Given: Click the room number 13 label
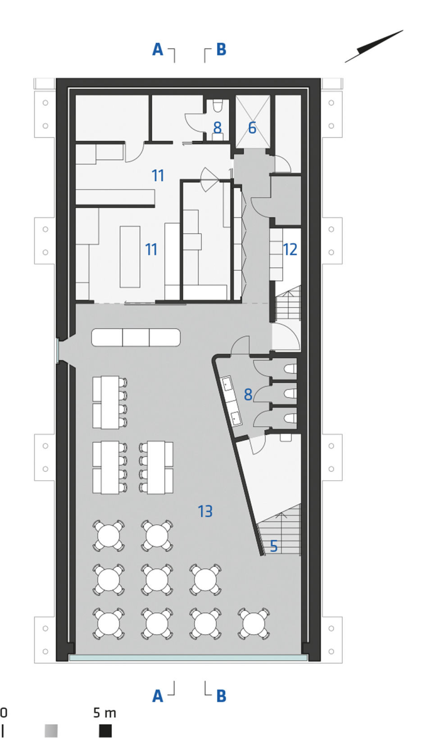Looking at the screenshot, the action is [x=205, y=511].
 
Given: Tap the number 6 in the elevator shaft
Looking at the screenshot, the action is [x=252, y=128].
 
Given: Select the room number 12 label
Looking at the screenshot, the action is [x=290, y=250].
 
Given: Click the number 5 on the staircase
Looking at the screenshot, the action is [x=273, y=546].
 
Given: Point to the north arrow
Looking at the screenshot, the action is [x=374, y=46].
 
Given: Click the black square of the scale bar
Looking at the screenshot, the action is [x=105, y=730].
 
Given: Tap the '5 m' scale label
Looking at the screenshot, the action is [x=104, y=713].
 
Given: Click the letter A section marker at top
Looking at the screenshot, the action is [x=158, y=50].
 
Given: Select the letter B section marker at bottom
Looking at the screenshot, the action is [x=221, y=696].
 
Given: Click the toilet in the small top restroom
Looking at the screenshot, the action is [x=218, y=105].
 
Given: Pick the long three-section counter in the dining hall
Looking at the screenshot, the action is [x=136, y=337].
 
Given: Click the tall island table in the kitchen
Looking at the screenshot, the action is [x=130, y=257].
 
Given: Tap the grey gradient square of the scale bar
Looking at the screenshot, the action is [x=51, y=730].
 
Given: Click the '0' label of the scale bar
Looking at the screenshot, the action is [x=3, y=713].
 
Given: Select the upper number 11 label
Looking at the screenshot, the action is [x=158, y=175].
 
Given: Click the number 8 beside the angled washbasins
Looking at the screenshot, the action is [x=248, y=394].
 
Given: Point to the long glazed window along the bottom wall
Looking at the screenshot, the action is [x=188, y=657].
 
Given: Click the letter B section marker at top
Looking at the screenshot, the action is [x=221, y=50].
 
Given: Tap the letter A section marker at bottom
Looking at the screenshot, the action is [x=158, y=696].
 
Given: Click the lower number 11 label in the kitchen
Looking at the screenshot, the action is [x=151, y=250].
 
